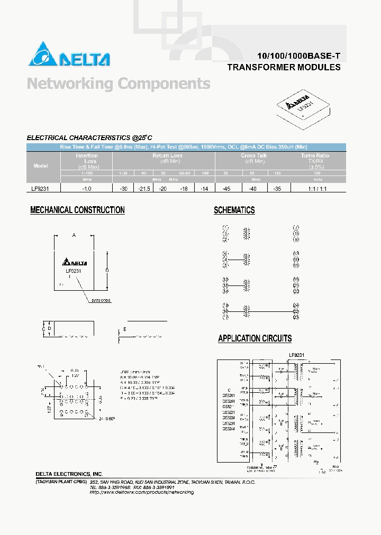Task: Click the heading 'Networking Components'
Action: [x=119, y=84]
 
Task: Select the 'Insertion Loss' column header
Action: [x=87, y=158]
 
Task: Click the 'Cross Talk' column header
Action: [x=254, y=156]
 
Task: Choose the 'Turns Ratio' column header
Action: [x=315, y=156]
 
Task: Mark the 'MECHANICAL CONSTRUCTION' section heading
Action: [x=77, y=210]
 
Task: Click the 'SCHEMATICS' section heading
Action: [x=234, y=210]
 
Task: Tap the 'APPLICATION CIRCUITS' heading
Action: [x=255, y=338]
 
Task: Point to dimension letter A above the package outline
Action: [x=74, y=235]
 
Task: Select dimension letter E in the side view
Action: [x=125, y=330]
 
